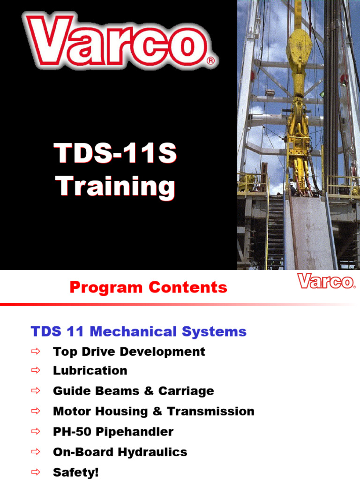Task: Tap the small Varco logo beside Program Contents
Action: point(326,282)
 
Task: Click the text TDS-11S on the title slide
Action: point(116,154)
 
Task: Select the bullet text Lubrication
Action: point(90,371)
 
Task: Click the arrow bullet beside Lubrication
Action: point(37,371)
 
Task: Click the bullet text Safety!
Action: point(76,472)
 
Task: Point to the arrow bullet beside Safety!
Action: point(37,472)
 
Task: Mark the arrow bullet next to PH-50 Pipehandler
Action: point(37,432)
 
